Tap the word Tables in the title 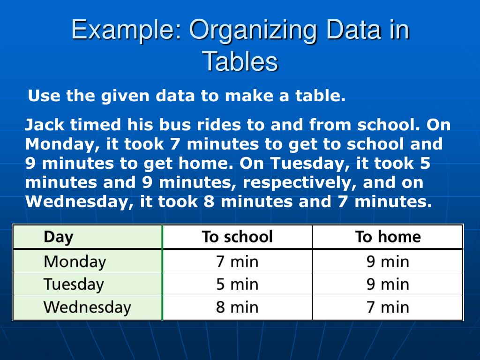pyautogui.click(x=240, y=61)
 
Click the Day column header pyautogui.click(x=58, y=237)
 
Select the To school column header pyautogui.click(x=237, y=237)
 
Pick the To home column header pyautogui.click(x=388, y=237)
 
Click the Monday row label pyautogui.click(x=75, y=262)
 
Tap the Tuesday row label pyautogui.click(x=73, y=285)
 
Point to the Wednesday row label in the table pyautogui.click(x=87, y=307)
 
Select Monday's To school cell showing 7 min pyautogui.click(x=237, y=262)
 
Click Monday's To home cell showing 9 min pyautogui.click(x=388, y=262)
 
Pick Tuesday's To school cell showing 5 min pyautogui.click(x=237, y=285)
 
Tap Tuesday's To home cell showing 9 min pyautogui.click(x=388, y=285)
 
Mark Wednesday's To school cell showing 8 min pyautogui.click(x=237, y=307)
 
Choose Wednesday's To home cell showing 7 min pyautogui.click(x=388, y=307)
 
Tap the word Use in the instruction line pyautogui.click(x=44, y=96)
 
